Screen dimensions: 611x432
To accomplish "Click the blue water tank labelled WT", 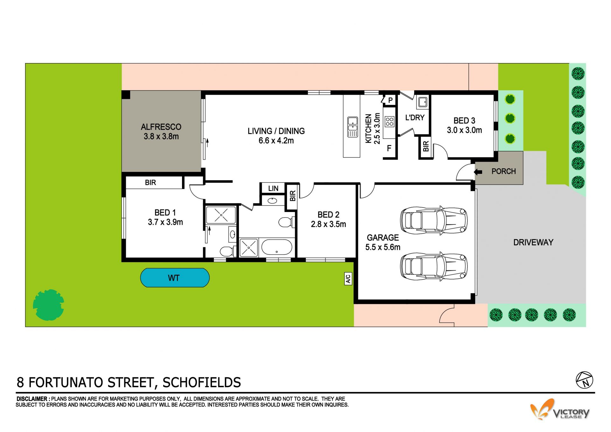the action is coord(175,278).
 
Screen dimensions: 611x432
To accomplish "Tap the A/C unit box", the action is coord(348,279).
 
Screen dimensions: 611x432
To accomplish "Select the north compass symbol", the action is coord(585,380).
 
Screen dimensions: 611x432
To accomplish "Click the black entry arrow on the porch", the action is coord(478,172).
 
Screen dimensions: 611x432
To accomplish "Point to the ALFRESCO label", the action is coord(161,127).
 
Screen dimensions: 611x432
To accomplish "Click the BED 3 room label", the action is coord(464,121).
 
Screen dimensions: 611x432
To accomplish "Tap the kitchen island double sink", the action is coord(352,127).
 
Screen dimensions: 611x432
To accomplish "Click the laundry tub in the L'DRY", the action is coord(423,102).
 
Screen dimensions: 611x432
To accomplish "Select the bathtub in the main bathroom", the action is coord(277,247).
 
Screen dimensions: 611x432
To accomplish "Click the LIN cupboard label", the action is coord(273,188).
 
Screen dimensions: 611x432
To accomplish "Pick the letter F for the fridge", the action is coord(389,148).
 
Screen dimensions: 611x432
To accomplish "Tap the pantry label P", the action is coord(390,100).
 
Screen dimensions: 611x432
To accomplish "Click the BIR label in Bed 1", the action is coord(151,182).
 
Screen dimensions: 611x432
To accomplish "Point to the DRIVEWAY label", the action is coord(533,242).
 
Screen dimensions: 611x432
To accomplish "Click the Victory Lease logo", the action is coord(559,409).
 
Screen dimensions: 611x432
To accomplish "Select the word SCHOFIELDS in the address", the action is coord(202,382).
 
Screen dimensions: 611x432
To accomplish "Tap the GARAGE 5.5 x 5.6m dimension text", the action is coord(383,247).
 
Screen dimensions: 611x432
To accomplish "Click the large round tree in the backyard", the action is coord(48,305).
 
